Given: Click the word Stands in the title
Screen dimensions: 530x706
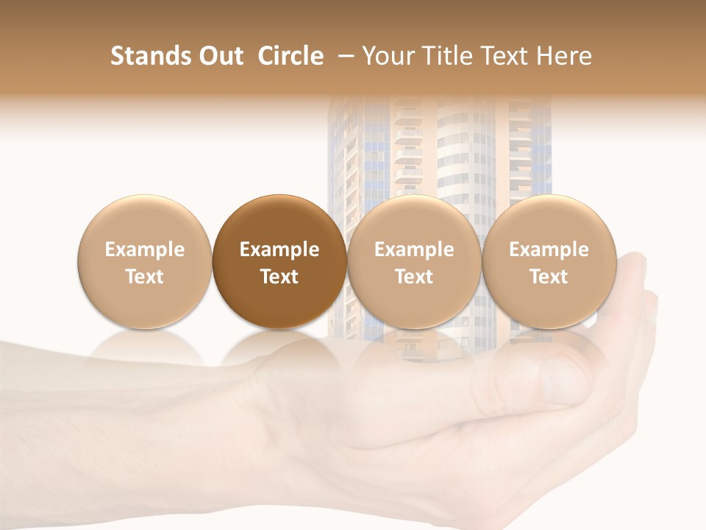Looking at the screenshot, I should [149, 56].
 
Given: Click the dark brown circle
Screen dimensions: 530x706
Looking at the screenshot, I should [279, 261].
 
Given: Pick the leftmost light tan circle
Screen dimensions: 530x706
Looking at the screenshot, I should [144, 261].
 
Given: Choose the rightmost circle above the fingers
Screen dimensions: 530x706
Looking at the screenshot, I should [549, 261].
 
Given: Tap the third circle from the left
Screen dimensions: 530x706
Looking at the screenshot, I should [414, 261].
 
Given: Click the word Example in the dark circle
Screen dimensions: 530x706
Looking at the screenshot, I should [279, 250].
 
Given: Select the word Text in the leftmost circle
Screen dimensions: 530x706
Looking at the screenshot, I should [144, 277].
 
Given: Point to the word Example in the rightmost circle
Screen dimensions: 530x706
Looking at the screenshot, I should [549, 250].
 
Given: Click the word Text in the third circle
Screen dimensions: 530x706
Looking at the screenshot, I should [414, 277].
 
